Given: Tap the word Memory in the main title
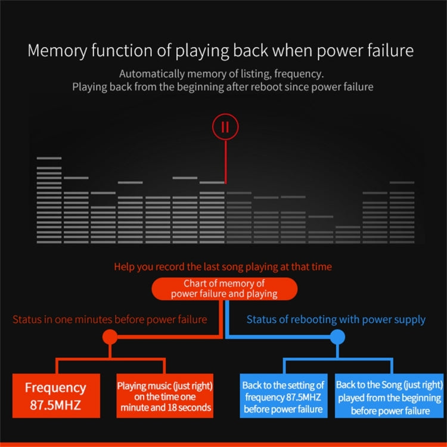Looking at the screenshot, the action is point(57,51).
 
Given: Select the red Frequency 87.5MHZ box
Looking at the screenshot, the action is point(56,396).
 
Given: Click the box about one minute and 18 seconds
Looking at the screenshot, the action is point(164,396).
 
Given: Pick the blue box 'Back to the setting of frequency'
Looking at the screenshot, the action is point(284,396).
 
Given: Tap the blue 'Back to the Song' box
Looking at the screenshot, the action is point(389,396).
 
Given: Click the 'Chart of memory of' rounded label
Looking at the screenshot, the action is point(224,289).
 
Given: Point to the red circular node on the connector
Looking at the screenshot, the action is point(110,337).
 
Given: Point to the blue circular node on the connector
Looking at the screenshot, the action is point(337,337).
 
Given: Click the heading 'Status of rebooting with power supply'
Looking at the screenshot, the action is point(336,319).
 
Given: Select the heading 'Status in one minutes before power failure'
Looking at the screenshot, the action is point(110,319).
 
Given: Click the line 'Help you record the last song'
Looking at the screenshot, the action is point(223,267).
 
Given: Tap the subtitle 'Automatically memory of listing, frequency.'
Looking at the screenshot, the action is point(222,74).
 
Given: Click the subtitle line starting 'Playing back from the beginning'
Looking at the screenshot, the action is point(223,87).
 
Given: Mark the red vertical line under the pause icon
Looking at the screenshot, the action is point(225,162).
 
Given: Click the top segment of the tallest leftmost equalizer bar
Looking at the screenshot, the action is point(49,158).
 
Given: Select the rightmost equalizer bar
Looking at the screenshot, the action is point(402,212).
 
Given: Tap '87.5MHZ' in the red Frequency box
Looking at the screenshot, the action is point(55,405).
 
